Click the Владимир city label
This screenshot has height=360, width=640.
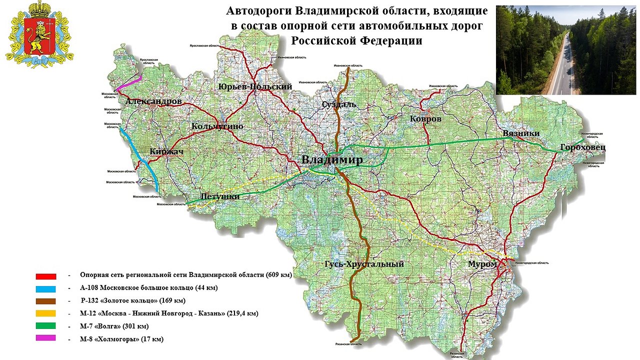(332, 160)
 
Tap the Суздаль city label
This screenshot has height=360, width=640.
(339, 104)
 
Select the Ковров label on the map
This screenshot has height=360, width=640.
(425, 119)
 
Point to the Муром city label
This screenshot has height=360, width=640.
(482, 264)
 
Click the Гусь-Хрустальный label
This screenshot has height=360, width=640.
(364, 264)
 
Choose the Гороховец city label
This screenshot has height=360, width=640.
(582, 147)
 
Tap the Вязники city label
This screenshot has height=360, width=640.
(521, 133)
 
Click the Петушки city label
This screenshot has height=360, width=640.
(219, 196)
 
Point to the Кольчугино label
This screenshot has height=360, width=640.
(217, 126)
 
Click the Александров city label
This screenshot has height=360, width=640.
(153, 101)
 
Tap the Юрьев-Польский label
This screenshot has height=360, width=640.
(255, 87)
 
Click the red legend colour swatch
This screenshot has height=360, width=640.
(45, 276)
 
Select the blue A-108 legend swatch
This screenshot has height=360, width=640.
(45, 288)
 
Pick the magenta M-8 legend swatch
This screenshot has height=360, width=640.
(45, 338)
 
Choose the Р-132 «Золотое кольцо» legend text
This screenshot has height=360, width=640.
(133, 301)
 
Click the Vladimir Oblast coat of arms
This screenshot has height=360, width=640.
(39, 34)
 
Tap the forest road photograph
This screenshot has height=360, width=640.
(565, 50)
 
